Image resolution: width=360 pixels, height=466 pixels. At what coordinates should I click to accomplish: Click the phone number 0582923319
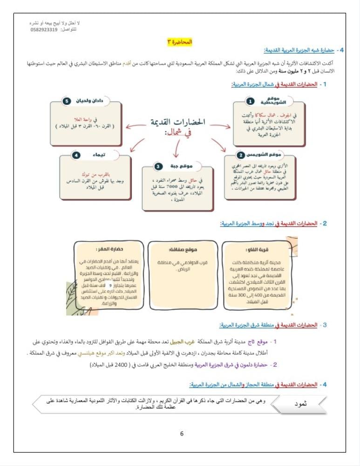point(44,30)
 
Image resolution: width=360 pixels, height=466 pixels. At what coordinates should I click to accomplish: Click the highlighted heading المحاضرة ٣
point(179,42)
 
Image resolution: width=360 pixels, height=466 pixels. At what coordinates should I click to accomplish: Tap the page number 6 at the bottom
point(182,434)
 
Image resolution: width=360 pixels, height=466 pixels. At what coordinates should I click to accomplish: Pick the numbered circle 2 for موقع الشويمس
point(241,155)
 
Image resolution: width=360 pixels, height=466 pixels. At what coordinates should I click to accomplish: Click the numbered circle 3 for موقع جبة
point(158,166)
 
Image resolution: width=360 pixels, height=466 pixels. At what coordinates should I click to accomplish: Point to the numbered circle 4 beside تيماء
point(76,155)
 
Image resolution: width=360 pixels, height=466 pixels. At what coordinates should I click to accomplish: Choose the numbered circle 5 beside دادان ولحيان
point(66,101)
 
